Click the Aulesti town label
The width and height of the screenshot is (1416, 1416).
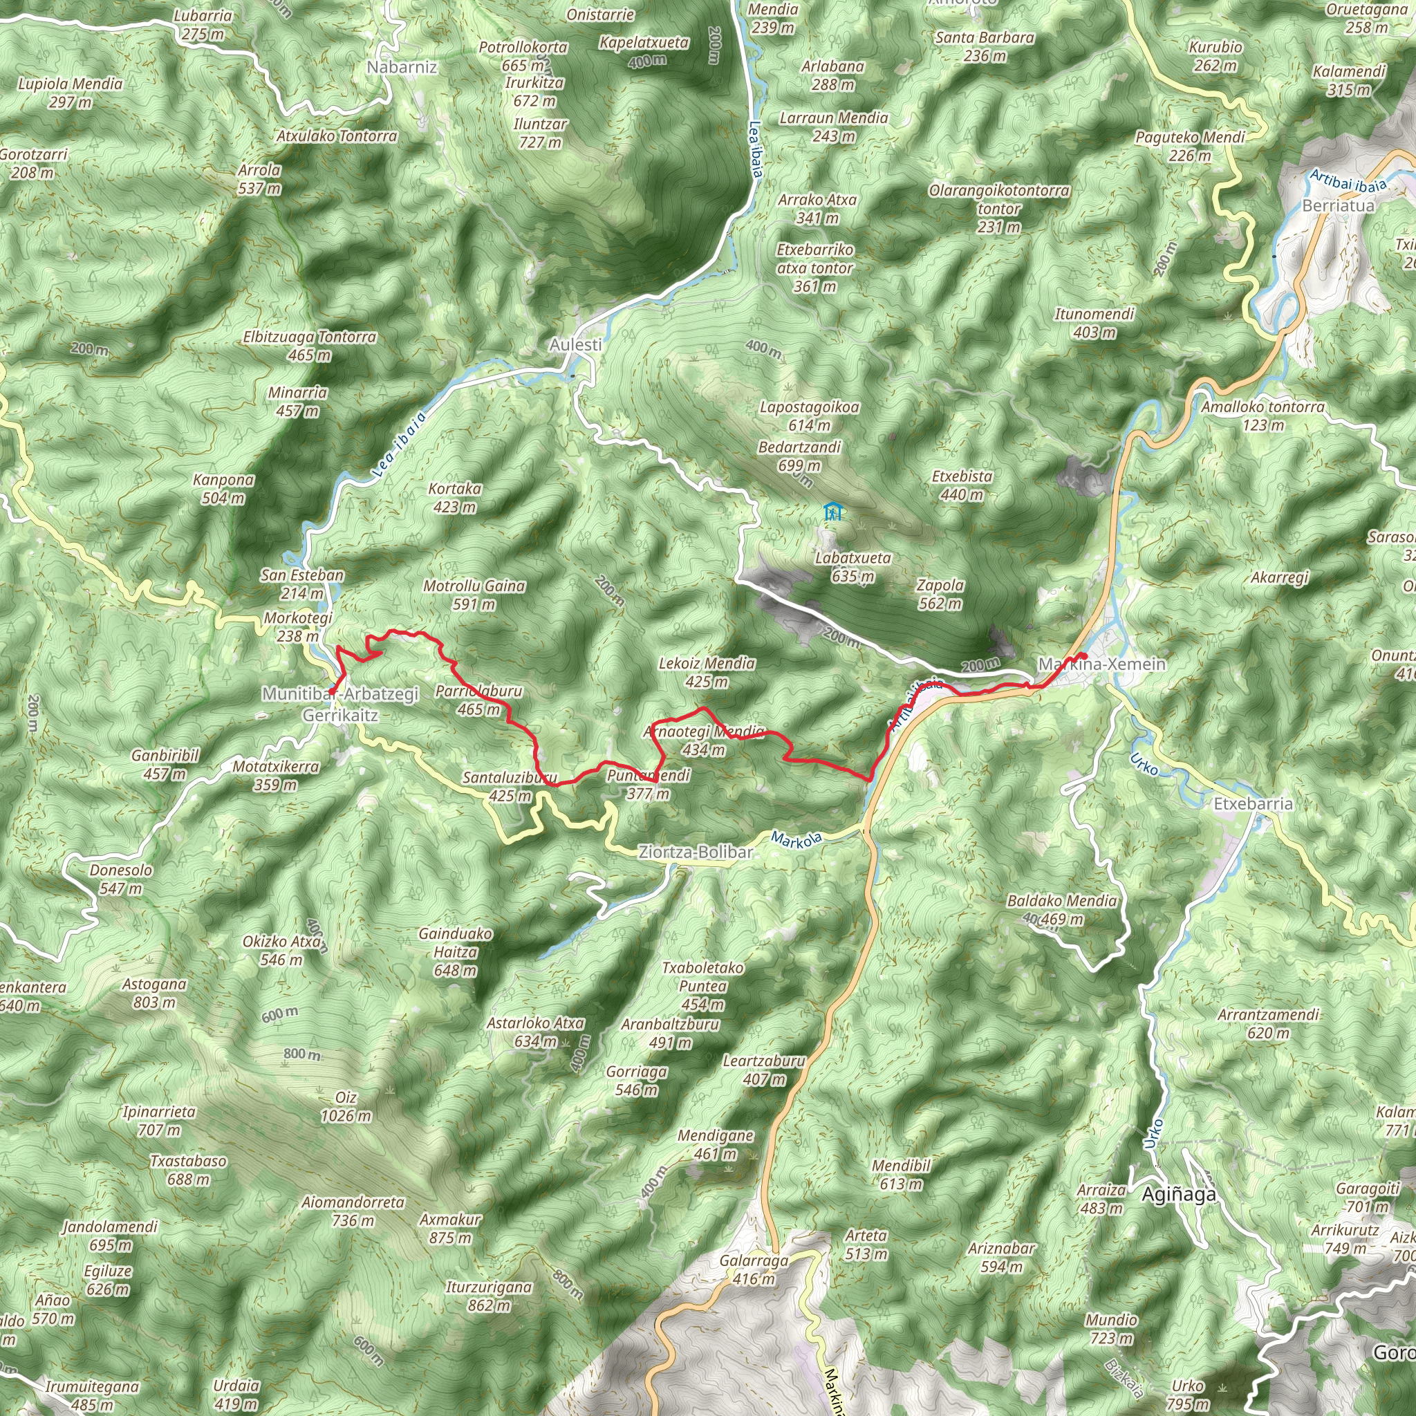(x=576, y=344)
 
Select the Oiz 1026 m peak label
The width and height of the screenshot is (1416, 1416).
(x=346, y=1107)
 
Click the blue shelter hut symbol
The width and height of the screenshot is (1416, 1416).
(x=831, y=511)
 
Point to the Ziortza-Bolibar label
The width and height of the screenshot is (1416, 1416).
(x=696, y=853)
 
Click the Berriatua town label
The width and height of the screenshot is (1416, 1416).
(x=1338, y=206)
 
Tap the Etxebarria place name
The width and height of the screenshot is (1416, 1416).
(x=1254, y=804)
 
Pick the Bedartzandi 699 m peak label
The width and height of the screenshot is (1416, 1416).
(x=800, y=456)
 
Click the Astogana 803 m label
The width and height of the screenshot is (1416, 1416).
(x=154, y=993)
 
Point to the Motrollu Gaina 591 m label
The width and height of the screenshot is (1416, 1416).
(x=474, y=595)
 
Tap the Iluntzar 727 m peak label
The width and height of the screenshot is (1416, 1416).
(x=540, y=133)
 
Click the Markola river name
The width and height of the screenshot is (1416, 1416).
(x=796, y=840)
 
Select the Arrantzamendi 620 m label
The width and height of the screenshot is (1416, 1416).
(x=1268, y=1024)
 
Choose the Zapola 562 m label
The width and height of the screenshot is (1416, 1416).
(x=940, y=595)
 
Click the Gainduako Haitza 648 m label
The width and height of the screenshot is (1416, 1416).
(x=455, y=952)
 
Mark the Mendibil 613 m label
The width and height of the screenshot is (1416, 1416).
(x=901, y=1174)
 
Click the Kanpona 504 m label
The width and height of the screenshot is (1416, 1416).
(x=223, y=489)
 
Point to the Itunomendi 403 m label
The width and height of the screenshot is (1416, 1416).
(x=1094, y=323)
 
